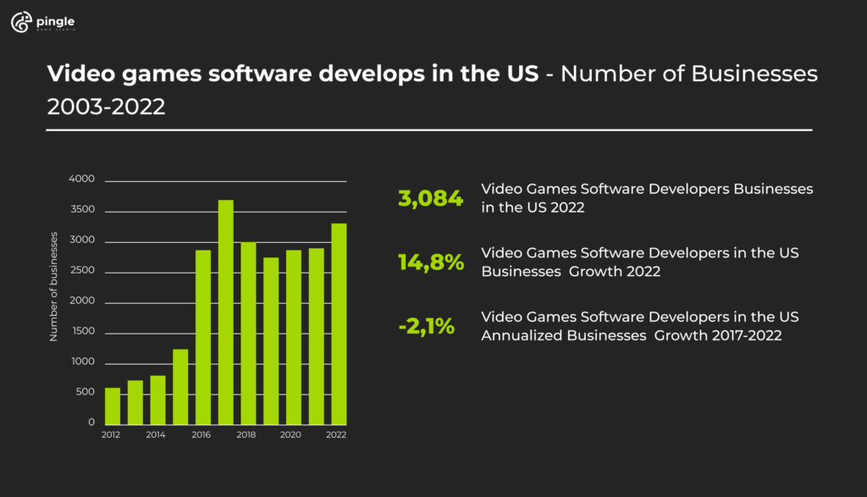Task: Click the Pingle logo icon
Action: click(x=21, y=24)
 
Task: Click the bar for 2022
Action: click(x=338, y=323)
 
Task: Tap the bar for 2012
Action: click(x=113, y=406)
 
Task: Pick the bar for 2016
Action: click(x=203, y=337)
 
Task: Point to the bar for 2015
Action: click(x=180, y=386)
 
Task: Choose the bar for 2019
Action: click(x=271, y=340)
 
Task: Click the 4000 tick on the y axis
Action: click(x=83, y=180)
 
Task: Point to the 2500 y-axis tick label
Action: click(x=83, y=272)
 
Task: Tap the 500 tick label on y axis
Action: click(x=86, y=393)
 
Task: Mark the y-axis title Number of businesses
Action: click(x=53, y=286)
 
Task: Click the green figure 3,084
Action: click(x=431, y=199)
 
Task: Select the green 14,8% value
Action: click(x=431, y=262)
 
